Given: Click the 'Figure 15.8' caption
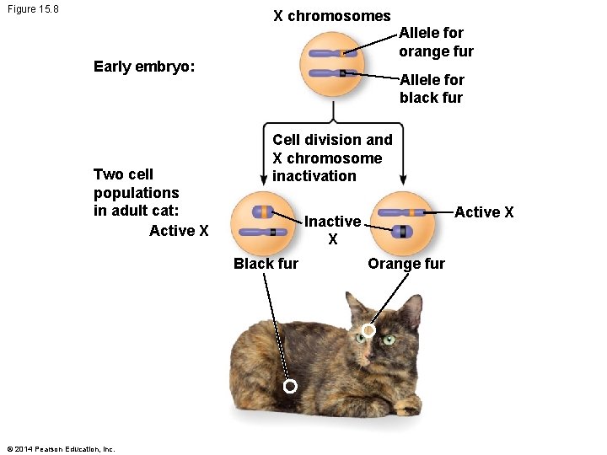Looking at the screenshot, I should click(32, 11).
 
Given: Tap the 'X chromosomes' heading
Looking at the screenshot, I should click(331, 16).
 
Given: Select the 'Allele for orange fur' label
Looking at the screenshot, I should click(436, 42).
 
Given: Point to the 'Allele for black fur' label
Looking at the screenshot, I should click(432, 88).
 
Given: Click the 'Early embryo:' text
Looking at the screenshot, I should click(144, 67).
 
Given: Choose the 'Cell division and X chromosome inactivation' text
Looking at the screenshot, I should click(332, 158).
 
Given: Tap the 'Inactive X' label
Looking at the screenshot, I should click(332, 230).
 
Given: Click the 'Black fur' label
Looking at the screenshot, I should click(266, 263).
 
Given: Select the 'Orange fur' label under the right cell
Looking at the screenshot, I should click(406, 263).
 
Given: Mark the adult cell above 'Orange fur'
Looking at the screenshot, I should click(402, 222).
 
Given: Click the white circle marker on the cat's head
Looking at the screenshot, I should click(368, 331).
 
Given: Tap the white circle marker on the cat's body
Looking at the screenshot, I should click(290, 387).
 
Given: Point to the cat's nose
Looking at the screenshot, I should click(369, 355).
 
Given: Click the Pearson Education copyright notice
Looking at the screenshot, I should click(60, 448).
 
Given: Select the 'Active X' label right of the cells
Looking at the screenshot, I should click(484, 212).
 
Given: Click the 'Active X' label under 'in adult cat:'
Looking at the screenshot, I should click(179, 230).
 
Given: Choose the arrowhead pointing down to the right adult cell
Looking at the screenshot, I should click(403, 179).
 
